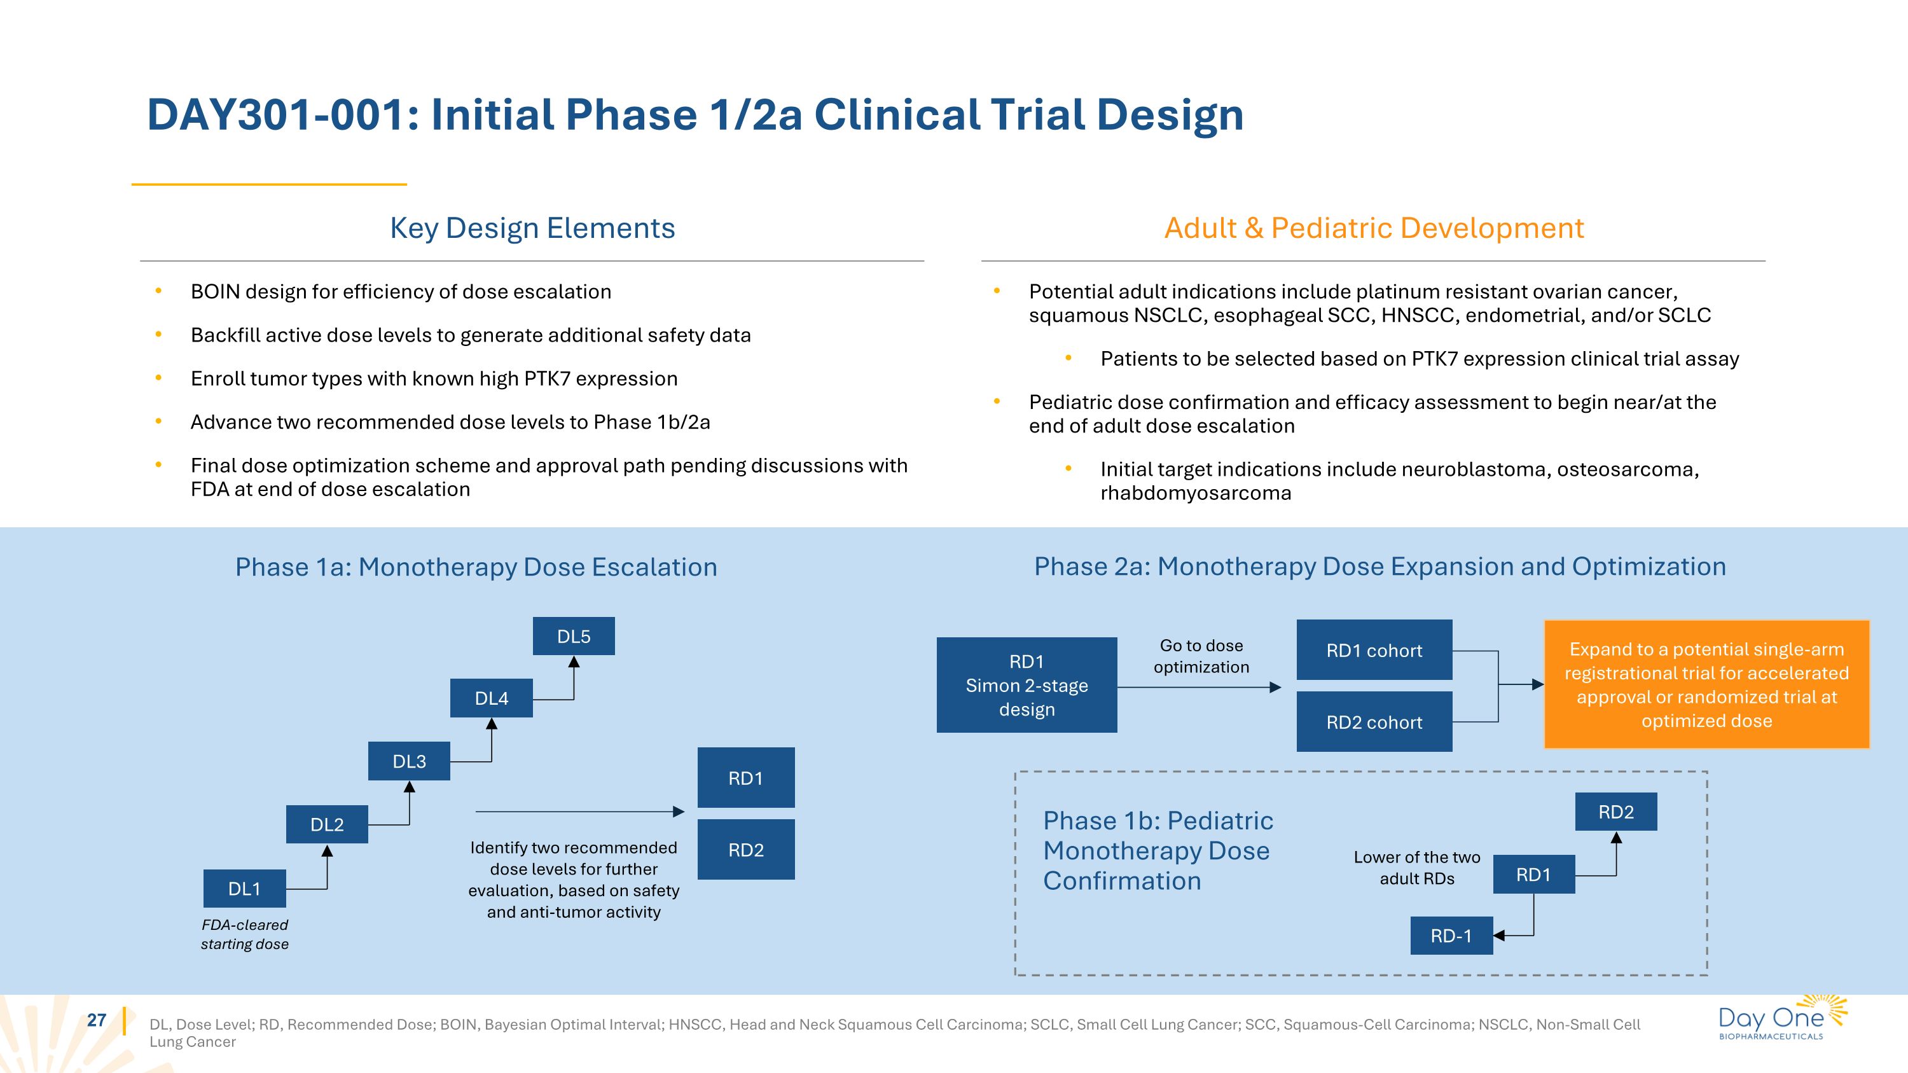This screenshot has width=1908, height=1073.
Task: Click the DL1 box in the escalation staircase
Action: click(x=244, y=889)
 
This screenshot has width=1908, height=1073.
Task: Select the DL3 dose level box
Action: click(x=409, y=761)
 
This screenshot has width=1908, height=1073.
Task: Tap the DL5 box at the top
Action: click(x=574, y=636)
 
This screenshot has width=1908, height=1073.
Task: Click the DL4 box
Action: click(x=491, y=698)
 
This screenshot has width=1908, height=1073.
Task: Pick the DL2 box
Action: click(x=327, y=824)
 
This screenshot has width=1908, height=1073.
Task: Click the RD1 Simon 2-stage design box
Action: click(x=1027, y=685)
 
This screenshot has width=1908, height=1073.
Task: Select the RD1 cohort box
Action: click(x=1374, y=650)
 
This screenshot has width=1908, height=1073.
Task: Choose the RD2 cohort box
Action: click(x=1374, y=722)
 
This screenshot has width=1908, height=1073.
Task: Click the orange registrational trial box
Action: click(x=1706, y=684)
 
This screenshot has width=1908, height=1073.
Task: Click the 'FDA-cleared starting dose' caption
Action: click(x=244, y=934)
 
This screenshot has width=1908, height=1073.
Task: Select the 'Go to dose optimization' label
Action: click(x=1201, y=656)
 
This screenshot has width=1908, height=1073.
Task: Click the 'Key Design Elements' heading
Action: click(x=532, y=228)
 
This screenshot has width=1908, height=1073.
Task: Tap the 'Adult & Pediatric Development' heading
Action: click(x=1374, y=228)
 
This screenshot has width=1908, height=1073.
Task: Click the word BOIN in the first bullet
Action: click(x=216, y=292)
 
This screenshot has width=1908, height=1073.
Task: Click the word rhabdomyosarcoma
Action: click(x=1196, y=493)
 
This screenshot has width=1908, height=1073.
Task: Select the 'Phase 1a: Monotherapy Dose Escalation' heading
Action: click(x=476, y=567)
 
